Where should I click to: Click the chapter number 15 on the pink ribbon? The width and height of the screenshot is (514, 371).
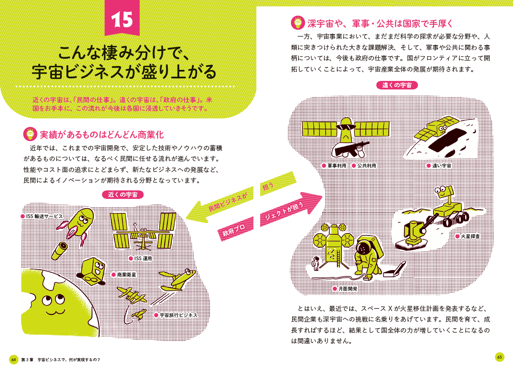[x=122, y=18]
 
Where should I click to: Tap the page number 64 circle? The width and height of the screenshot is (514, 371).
[x=14, y=359]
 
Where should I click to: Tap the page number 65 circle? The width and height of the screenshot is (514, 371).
[x=500, y=357]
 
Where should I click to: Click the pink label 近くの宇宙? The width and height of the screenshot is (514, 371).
[x=123, y=195]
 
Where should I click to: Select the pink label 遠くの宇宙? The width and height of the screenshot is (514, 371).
[x=397, y=85]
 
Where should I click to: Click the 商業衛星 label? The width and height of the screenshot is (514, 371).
[x=126, y=275]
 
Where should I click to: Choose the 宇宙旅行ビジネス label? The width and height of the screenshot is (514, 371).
[x=178, y=315]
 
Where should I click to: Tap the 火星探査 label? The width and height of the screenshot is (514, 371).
[x=470, y=236]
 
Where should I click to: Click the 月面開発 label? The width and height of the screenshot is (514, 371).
[x=347, y=288]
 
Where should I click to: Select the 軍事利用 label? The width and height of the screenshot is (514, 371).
[x=336, y=165]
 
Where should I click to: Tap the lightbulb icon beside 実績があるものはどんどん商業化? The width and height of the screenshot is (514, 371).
[x=30, y=134]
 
